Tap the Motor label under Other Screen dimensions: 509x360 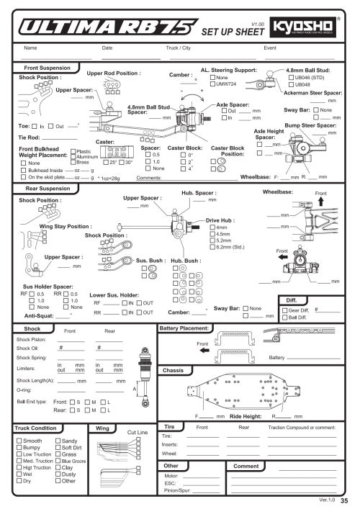pos(170,476)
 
